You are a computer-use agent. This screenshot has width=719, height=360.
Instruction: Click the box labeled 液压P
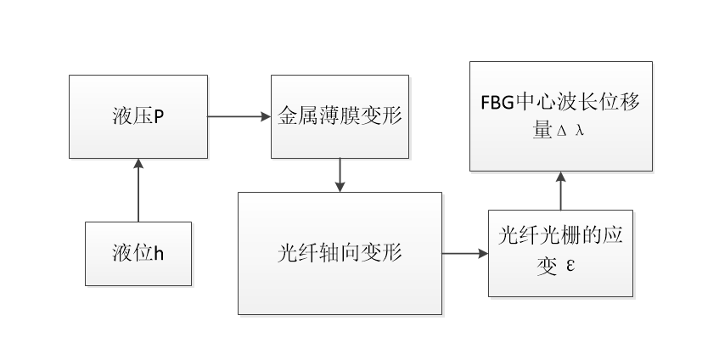tap(138, 116)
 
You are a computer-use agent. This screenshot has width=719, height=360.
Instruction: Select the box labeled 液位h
tap(138, 253)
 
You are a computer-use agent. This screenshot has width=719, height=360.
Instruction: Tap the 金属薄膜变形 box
tap(340, 116)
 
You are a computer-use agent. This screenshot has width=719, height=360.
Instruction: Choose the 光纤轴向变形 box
tap(340, 253)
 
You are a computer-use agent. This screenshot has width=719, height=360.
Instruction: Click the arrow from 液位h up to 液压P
tap(138, 190)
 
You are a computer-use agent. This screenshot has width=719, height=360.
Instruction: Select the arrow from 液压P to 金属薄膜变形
tap(239, 116)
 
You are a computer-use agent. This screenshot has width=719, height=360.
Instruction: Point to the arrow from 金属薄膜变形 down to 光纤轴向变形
tap(340, 175)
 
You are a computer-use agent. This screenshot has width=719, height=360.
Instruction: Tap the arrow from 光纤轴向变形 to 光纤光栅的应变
tap(465, 253)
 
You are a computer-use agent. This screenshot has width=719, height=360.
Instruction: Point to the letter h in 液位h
tap(158, 253)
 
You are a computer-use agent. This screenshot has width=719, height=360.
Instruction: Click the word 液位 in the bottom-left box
tap(132, 253)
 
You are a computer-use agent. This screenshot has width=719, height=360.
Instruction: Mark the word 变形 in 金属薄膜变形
tap(385, 116)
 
